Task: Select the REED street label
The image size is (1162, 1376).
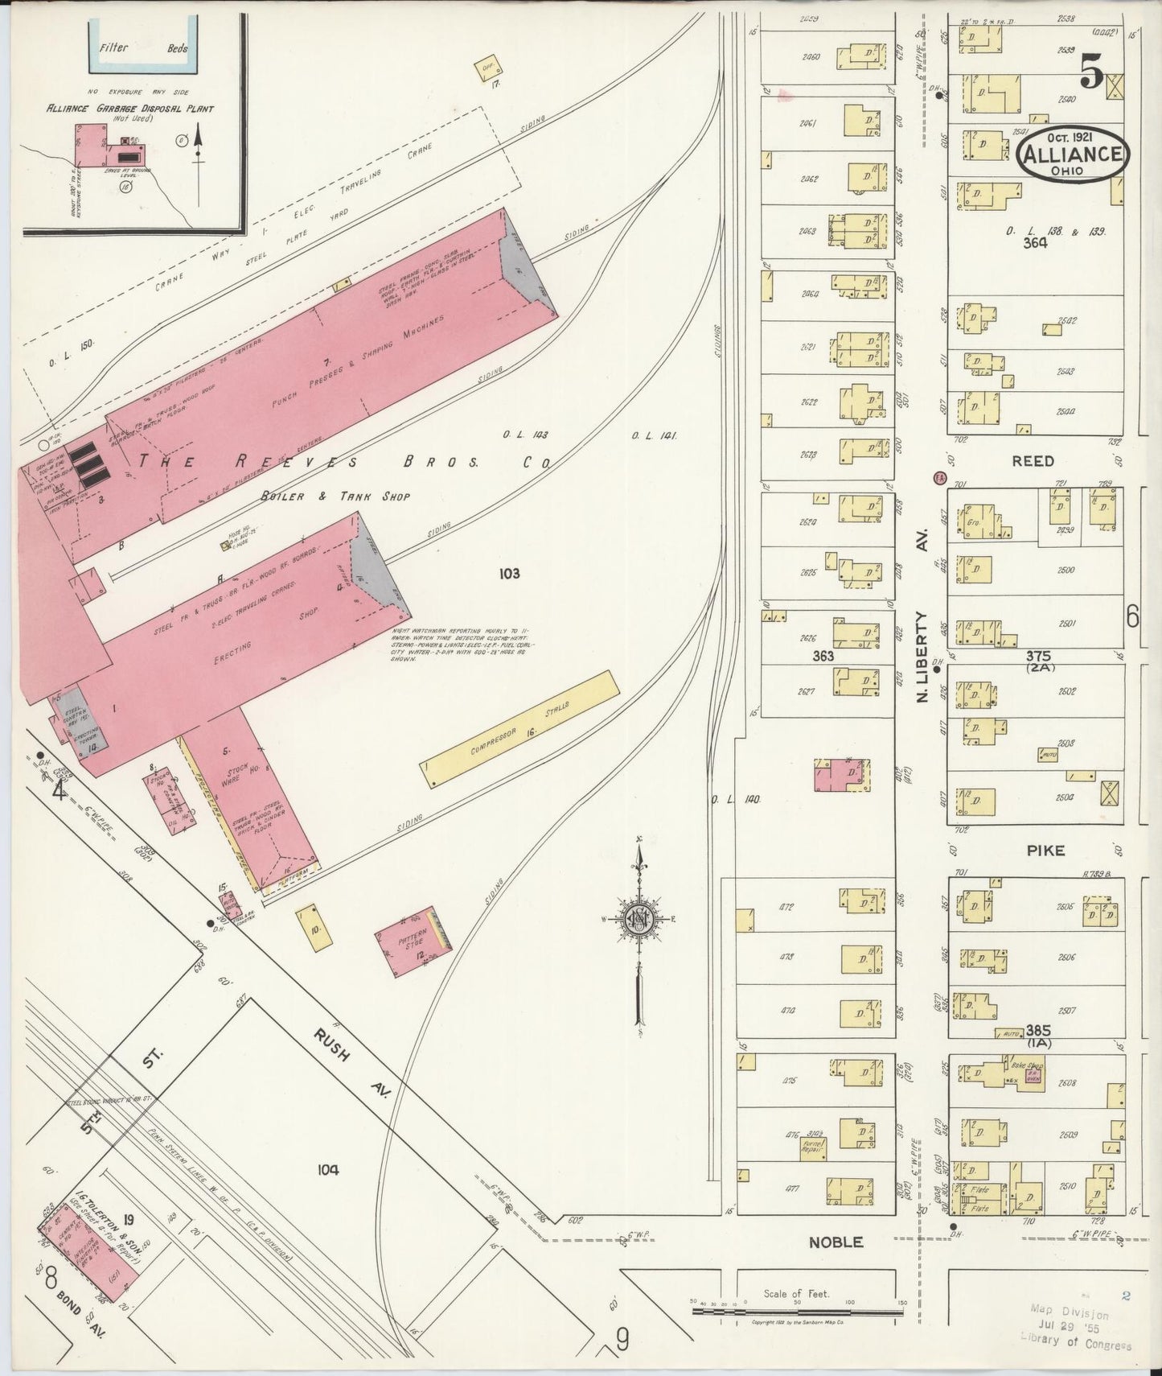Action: (x=1035, y=461)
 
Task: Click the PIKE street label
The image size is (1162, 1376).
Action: (x=1045, y=850)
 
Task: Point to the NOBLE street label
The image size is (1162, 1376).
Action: (x=836, y=1242)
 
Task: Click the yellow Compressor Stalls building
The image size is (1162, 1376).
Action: (x=520, y=729)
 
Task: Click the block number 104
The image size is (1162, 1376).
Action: (x=328, y=1169)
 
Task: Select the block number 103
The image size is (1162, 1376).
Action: (x=509, y=573)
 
